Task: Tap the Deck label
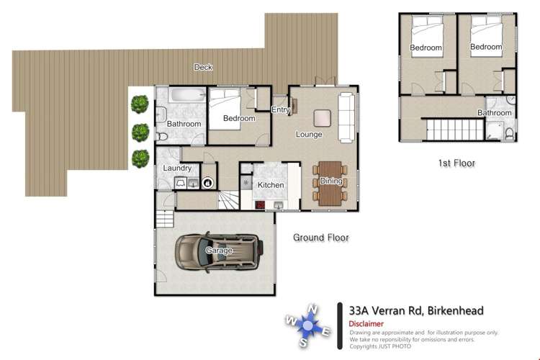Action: pos(203,67)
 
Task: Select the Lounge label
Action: pos(309,134)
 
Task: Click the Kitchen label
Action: pos(270,185)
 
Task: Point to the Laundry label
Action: pos(177,168)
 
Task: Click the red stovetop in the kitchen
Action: pos(260,204)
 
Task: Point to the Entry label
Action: pos(280,109)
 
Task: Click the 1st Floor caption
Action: pos(456,163)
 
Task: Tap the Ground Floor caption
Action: pos(320,237)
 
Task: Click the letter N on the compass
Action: pos(312,310)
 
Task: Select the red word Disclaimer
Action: pos(366,324)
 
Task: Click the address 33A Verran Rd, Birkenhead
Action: pos(415,310)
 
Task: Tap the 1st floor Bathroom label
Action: pos(495,113)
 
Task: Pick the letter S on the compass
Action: pos(303,343)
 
